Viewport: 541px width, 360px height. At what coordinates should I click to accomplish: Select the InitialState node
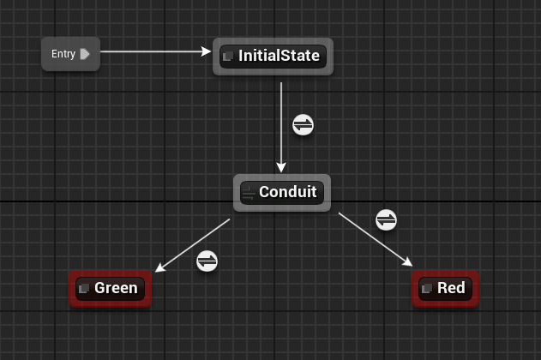tap(273, 57)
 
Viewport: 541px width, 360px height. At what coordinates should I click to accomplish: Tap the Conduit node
tap(281, 192)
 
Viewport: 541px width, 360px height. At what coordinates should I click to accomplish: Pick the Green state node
tap(110, 288)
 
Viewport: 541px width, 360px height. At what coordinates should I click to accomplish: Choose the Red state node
tap(445, 288)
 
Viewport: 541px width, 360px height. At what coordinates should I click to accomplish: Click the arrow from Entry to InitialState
tap(154, 51)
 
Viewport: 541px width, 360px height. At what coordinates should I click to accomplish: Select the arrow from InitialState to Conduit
tap(281, 146)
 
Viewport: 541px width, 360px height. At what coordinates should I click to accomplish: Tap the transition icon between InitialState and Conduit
tap(303, 125)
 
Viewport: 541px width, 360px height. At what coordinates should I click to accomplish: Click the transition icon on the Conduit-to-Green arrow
tap(207, 261)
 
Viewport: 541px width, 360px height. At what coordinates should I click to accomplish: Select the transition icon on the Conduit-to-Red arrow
tap(387, 219)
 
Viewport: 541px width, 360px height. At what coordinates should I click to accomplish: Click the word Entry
tap(63, 54)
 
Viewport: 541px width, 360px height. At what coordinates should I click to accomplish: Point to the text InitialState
tap(279, 57)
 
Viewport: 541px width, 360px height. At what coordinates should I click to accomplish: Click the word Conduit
tap(288, 192)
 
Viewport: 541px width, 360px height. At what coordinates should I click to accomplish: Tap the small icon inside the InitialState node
tap(228, 57)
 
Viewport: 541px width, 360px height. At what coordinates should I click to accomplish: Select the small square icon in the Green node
tap(84, 289)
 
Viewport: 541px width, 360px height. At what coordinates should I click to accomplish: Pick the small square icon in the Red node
tap(427, 289)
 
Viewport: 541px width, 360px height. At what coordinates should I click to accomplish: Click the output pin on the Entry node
tap(85, 54)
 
